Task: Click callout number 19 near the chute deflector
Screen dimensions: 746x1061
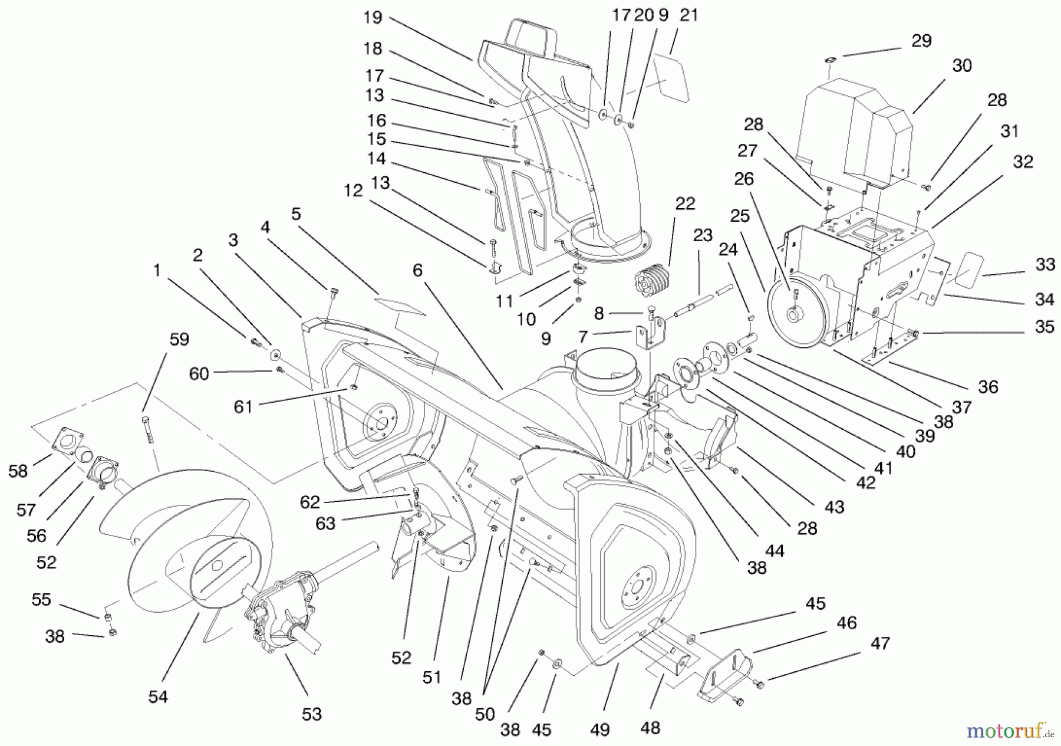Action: coord(373,18)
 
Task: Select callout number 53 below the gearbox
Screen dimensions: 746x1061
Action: coord(311,714)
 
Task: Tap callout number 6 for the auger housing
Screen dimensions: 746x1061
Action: coord(417,271)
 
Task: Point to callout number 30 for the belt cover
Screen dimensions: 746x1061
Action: coord(961,65)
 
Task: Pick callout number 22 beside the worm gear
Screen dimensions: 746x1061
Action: coord(684,203)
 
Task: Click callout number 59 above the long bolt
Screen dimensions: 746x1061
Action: coord(179,340)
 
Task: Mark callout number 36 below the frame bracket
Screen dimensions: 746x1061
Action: coord(988,387)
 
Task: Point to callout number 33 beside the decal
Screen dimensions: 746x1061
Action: coord(1044,265)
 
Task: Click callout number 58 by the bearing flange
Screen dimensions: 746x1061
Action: coord(18,471)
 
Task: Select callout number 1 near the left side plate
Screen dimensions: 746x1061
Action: coord(156,271)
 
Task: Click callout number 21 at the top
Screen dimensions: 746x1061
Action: coord(688,16)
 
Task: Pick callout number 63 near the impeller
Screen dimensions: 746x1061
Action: coord(325,523)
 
